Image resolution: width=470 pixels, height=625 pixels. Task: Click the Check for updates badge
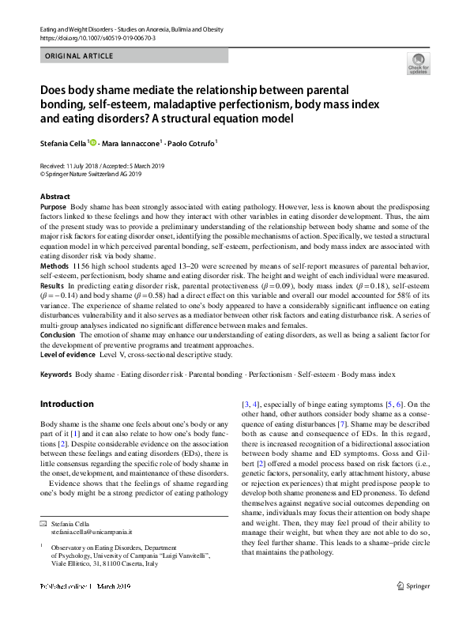coord(417,62)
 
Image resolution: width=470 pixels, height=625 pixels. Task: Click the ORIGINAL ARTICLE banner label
coord(79,56)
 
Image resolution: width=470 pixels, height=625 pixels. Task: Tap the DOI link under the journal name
coord(97,37)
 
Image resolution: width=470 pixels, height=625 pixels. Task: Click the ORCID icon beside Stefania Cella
coord(94,143)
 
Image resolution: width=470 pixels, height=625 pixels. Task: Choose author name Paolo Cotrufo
coord(193,143)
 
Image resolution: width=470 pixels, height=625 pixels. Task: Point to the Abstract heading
coord(55,196)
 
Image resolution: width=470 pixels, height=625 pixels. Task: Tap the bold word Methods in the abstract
coord(55,267)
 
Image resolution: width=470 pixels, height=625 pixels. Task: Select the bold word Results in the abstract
coord(53,284)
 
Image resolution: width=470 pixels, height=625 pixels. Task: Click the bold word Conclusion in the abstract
coord(58,335)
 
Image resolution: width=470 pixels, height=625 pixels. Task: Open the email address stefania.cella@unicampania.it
coord(91,533)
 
